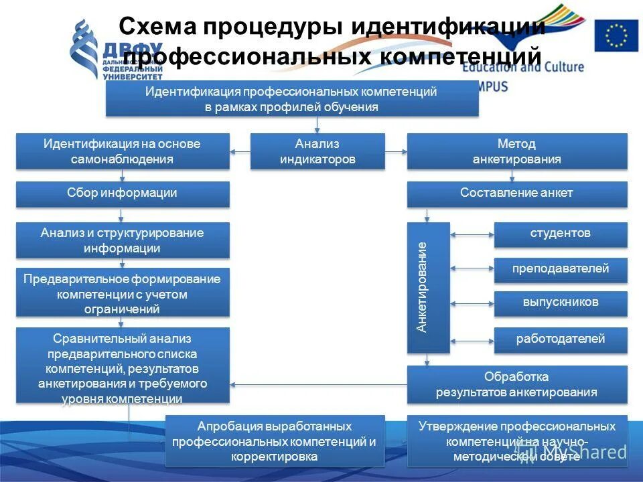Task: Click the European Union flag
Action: (x=616, y=35)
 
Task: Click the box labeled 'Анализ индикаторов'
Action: (x=317, y=151)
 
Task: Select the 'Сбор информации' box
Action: (x=123, y=193)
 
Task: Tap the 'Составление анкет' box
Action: (x=517, y=193)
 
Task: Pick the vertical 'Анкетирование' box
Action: (x=429, y=287)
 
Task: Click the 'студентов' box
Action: (x=561, y=234)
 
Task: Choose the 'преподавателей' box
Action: (x=561, y=269)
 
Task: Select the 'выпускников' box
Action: (x=561, y=303)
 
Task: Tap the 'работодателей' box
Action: (x=561, y=339)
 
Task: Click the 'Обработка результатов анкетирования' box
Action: (x=517, y=384)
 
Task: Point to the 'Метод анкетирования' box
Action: (x=517, y=151)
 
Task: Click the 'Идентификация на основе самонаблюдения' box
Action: (x=123, y=151)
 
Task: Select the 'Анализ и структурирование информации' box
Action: (x=123, y=240)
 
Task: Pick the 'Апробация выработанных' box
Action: (x=275, y=441)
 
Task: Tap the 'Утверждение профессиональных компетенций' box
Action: (x=517, y=441)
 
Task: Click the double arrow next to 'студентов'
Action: (x=472, y=234)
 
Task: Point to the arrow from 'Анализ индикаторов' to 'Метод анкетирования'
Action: (x=397, y=151)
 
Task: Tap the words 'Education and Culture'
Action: (x=522, y=67)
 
